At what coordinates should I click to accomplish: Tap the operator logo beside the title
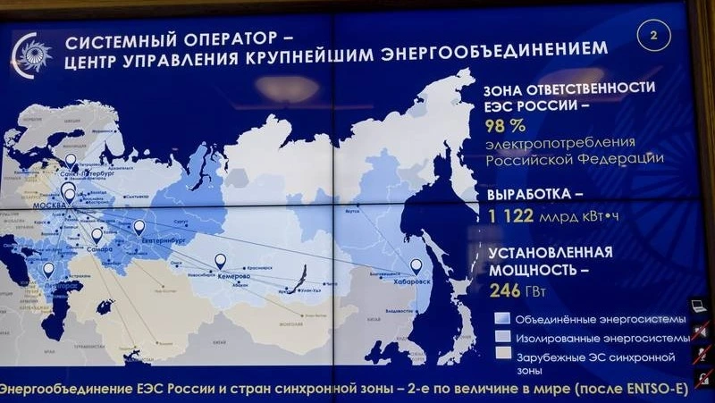(31, 55)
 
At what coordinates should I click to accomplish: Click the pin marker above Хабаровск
(416, 265)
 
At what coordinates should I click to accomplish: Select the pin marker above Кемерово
(220, 260)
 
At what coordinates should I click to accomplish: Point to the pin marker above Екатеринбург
(139, 227)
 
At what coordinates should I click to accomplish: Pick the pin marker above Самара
(97, 235)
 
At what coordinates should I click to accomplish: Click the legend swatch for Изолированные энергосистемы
(501, 337)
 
